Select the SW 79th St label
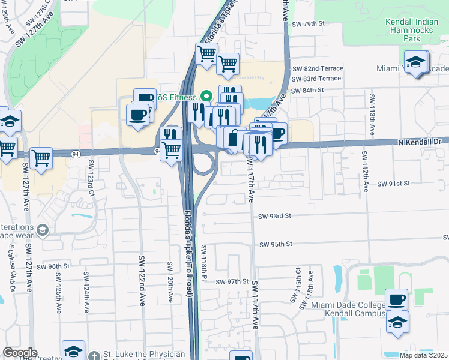tap(309, 23)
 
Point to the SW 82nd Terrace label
tap(316, 68)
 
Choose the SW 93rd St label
tap(274, 215)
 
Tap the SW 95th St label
tap(276, 244)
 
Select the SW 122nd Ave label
tap(142, 275)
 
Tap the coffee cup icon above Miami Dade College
tap(396, 299)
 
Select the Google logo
tap(20, 353)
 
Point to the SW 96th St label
tap(52, 266)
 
